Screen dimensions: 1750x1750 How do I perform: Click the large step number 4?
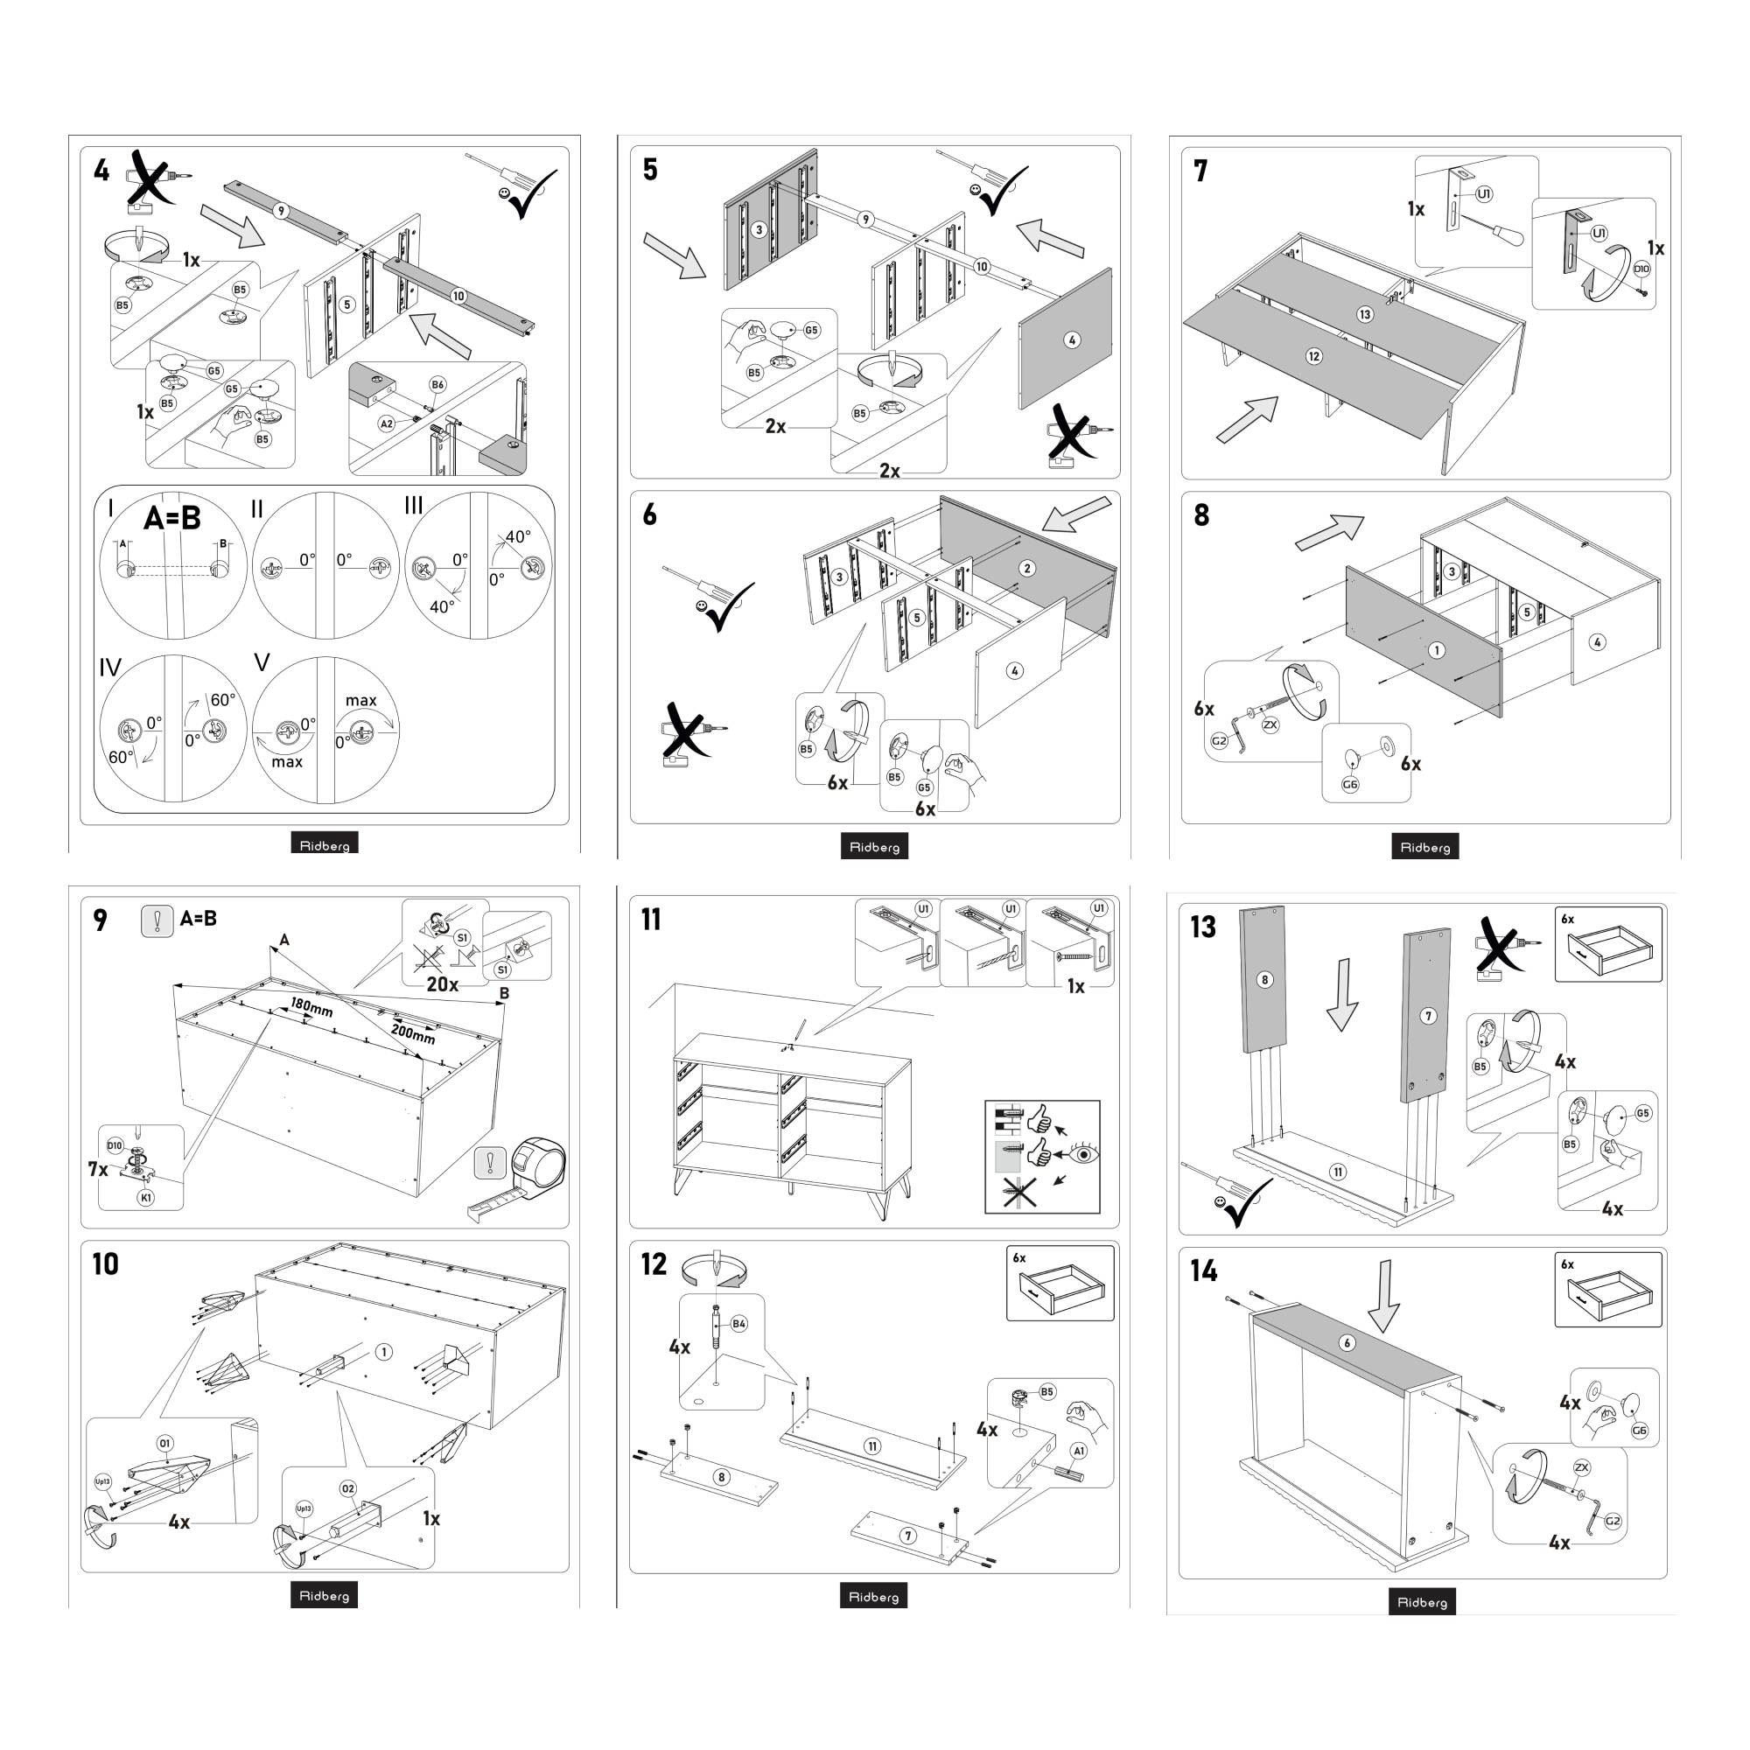tap(101, 171)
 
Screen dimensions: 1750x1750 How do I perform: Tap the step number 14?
tap(1204, 1270)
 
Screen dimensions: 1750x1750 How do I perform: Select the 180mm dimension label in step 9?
tap(311, 1007)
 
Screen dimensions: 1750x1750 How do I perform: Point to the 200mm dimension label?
tap(413, 1032)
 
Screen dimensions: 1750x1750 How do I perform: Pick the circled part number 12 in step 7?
tap(1314, 356)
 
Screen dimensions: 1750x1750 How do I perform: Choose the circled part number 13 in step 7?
tap(1365, 314)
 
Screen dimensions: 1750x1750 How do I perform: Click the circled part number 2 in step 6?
tap(1026, 568)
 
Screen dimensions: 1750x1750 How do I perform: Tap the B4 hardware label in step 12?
tap(739, 1323)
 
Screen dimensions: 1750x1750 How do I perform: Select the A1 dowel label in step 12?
tap(1079, 1450)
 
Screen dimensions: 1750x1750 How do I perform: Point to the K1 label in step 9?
tap(146, 1198)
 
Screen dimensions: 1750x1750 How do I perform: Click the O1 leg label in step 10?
tap(164, 1443)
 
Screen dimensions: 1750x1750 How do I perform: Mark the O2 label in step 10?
tap(349, 1488)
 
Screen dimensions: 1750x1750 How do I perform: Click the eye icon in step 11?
tap(1083, 1155)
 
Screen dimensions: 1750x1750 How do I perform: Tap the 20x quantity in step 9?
tap(442, 984)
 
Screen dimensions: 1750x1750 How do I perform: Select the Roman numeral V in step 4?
tap(262, 662)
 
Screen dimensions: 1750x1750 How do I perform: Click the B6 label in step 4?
tap(437, 385)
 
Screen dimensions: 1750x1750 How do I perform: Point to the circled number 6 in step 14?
tap(1347, 1342)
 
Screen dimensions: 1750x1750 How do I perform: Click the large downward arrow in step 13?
tap(1342, 995)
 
